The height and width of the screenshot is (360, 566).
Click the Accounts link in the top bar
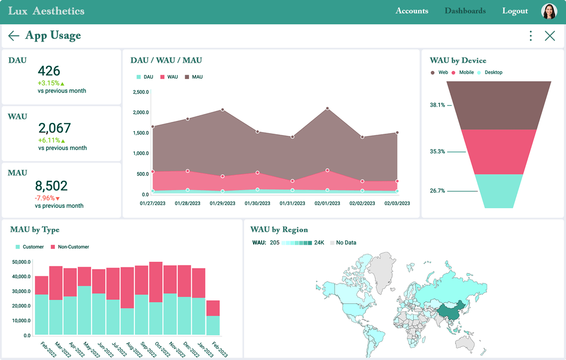(412, 11)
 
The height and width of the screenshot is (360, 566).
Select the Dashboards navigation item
(465, 11)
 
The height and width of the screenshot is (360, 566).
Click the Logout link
(515, 11)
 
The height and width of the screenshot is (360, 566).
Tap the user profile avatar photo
(549, 11)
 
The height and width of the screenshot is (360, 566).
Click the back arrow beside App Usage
(14, 35)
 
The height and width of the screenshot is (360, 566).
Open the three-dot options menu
(530, 35)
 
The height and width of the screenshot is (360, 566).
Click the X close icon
(550, 35)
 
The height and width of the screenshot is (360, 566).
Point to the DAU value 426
(49, 71)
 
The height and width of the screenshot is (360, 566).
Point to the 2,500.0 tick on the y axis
(140, 92)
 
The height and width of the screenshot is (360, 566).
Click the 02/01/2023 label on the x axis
(327, 204)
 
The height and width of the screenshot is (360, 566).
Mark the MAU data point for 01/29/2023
(222, 110)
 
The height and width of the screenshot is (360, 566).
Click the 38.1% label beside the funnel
(437, 105)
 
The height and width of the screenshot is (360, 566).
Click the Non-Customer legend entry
(70, 247)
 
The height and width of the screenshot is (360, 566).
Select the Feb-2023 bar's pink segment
(213, 308)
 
